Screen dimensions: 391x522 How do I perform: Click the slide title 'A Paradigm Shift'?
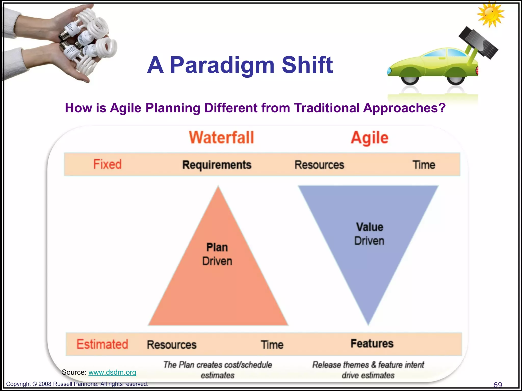(x=240, y=65)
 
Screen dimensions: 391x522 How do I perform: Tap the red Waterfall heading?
(x=221, y=137)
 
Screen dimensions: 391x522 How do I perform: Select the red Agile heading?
(x=369, y=138)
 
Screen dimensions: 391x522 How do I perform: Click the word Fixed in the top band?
(x=107, y=164)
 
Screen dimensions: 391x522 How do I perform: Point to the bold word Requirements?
(x=217, y=165)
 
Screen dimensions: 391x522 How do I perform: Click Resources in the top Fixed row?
(x=319, y=165)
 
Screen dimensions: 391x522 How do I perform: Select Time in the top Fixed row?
(x=424, y=165)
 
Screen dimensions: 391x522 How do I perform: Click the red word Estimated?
(x=102, y=344)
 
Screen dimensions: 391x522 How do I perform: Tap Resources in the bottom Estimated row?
(x=172, y=345)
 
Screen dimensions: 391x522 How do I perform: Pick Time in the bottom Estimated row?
(x=272, y=345)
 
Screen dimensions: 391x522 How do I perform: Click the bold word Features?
(x=372, y=344)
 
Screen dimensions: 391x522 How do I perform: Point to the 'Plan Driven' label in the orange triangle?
(x=217, y=254)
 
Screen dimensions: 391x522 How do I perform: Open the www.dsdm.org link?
(x=112, y=372)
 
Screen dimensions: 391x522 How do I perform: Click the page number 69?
(x=498, y=384)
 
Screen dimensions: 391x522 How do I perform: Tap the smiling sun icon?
(x=490, y=14)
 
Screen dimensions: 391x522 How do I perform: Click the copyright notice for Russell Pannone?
(x=77, y=384)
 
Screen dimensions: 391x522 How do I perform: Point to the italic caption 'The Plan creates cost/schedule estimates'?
(x=217, y=370)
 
